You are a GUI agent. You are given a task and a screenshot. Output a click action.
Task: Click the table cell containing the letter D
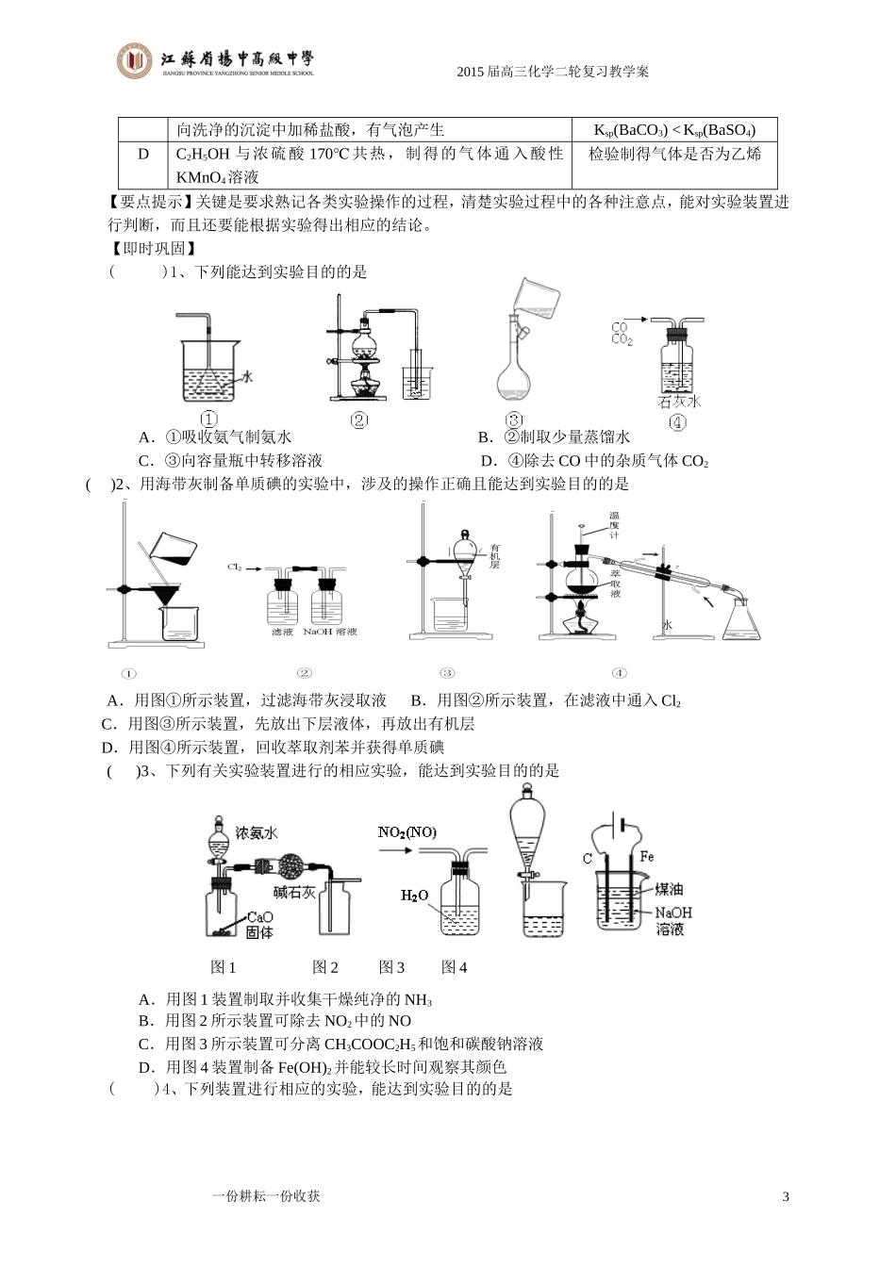(143, 154)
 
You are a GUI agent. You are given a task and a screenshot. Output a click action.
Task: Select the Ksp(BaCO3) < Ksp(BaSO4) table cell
(673, 130)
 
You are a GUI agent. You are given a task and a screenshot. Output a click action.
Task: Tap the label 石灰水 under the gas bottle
(679, 402)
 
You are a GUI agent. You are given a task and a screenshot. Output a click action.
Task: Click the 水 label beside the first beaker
(247, 376)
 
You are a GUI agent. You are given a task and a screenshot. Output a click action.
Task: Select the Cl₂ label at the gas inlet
(235, 567)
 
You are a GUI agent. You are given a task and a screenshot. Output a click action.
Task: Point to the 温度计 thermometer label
(613, 525)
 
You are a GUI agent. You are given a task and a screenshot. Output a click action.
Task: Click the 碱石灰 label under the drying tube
(293, 892)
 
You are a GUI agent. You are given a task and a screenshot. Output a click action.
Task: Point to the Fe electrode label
(647, 857)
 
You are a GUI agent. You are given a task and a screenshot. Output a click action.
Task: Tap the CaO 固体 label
(259, 924)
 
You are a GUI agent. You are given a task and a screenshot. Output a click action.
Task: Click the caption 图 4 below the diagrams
(454, 966)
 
